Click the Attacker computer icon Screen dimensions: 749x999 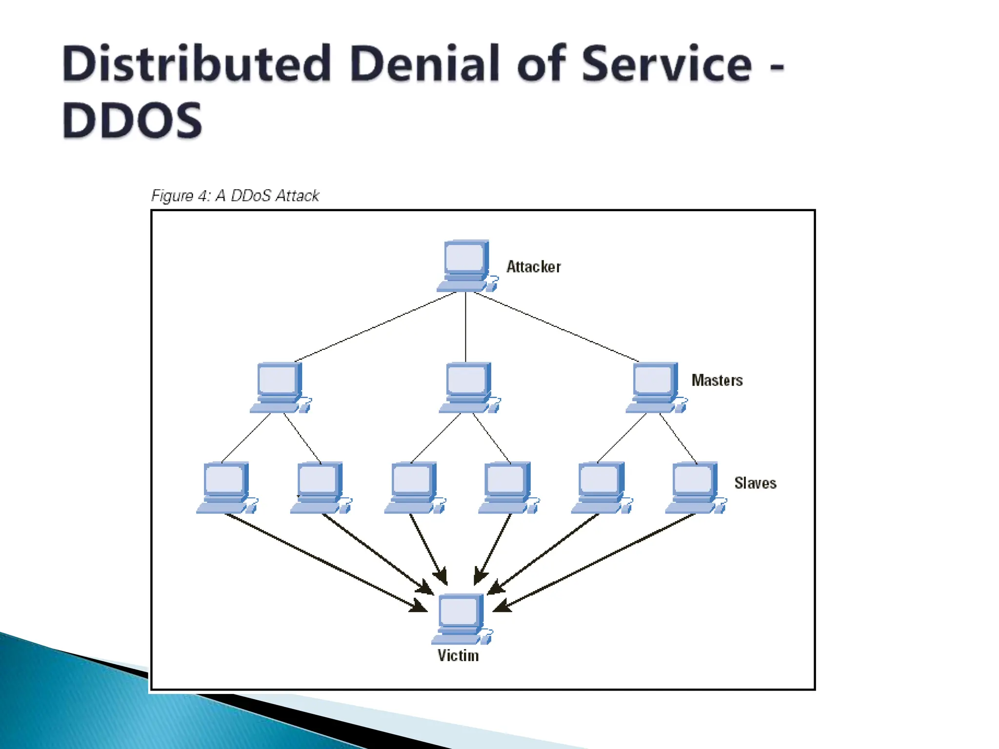coord(466,265)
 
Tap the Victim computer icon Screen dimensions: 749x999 coord(460,618)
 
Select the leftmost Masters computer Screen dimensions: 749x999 coord(280,387)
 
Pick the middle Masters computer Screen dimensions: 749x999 coord(468,387)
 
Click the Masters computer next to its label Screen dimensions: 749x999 coord(655,387)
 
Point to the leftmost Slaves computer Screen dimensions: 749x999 coord(225,487)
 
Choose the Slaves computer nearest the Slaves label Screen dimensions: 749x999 coord(695,487)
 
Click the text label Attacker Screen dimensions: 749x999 coord(534,267)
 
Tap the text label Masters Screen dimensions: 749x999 coord(717,380)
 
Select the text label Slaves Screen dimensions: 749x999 coord(755,483)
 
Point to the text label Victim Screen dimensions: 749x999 coord(458,655)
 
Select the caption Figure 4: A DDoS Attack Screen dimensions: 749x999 coord(235,196)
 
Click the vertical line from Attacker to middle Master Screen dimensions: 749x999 coord(465,327)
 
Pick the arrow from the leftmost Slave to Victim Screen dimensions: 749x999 coord(322,561)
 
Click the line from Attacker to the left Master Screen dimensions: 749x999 coord(376,327)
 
